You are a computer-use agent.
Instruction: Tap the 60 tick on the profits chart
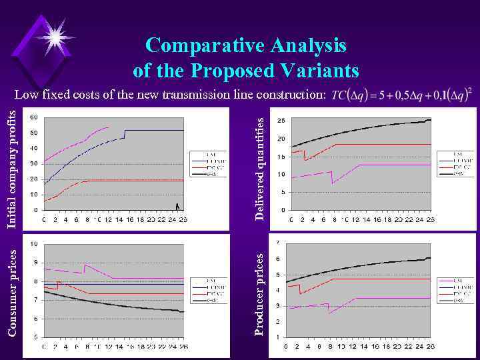33,117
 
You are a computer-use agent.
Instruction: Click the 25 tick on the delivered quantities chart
281,121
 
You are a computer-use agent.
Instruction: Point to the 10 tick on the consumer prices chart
33,244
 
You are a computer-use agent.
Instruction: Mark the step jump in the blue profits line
125,134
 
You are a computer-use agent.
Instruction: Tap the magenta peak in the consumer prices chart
85,265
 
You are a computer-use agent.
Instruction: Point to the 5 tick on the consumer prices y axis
35,337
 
